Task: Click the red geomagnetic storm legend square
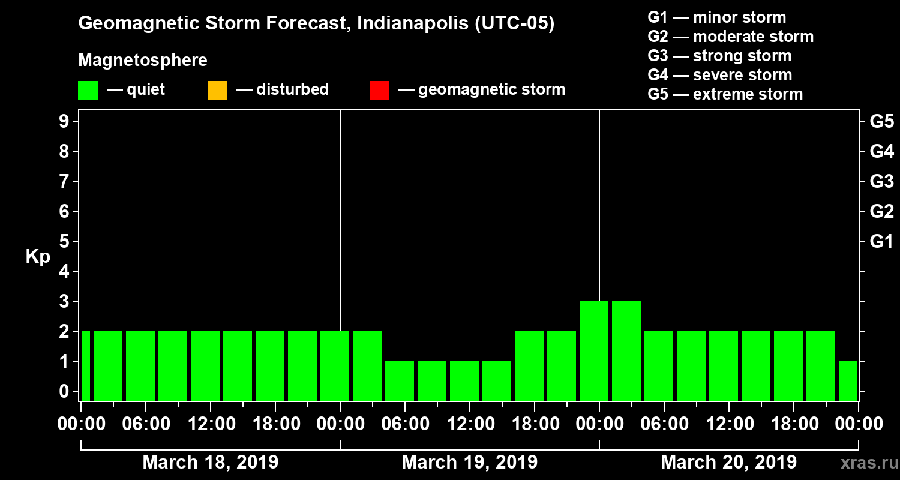point(379,91)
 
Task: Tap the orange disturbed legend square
point(217,91)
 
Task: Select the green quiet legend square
point(88,91)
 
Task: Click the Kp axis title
point(38,257)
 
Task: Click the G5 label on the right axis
point(881,122)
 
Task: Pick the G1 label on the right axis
point(881,242)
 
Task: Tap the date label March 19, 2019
point(469,463)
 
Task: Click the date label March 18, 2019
point(210,463)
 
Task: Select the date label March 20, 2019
point(728,463)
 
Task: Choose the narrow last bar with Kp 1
point(847,380)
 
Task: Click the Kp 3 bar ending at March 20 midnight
point(594,350)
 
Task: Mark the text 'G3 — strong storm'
point(719,56)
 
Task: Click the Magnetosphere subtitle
point(143,61)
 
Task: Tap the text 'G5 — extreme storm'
point(725,94)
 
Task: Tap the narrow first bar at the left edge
point(86,365)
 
